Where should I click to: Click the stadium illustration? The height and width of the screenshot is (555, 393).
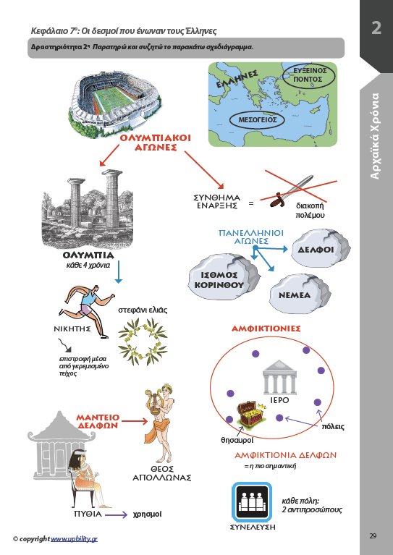click(114, 103)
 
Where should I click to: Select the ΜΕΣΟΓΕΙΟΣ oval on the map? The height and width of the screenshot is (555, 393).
click(258, 120)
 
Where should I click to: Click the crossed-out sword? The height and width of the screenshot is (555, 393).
click(292, 191)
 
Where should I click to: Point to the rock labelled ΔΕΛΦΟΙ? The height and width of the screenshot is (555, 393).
click(321, 248)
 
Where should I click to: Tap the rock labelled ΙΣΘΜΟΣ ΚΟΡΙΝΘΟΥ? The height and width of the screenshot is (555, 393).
click(224, 279)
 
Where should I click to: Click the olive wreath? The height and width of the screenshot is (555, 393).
click(143, 342)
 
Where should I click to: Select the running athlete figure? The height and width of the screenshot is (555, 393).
click(87, 310)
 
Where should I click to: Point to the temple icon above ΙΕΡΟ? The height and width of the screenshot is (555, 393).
click(279, 377)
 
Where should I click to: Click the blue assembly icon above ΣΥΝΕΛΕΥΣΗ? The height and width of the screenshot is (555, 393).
click(252, 501)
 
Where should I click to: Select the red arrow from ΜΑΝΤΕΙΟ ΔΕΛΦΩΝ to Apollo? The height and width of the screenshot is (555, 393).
click(135, 421)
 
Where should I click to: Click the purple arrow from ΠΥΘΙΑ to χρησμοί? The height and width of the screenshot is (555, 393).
click(116, 515)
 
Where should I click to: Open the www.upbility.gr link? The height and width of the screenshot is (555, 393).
click(74, 538)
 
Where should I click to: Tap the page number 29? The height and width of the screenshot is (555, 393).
click(373, 535)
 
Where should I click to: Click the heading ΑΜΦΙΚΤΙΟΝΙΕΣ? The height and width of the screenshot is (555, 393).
click(266, 329)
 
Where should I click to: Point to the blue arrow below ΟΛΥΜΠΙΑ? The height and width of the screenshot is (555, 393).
click(119, 272)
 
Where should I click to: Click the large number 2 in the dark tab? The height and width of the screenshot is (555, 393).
click(376, 27)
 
